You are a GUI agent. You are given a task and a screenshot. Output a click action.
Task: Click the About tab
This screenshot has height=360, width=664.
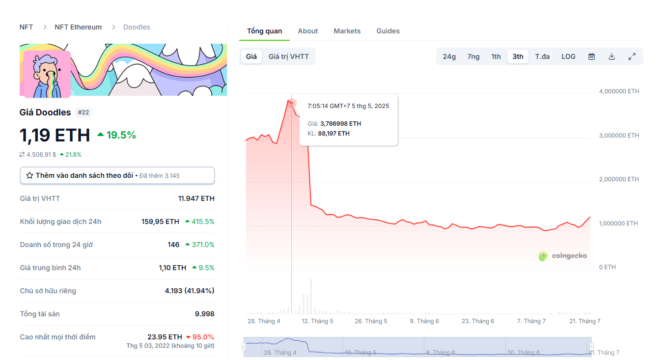308,31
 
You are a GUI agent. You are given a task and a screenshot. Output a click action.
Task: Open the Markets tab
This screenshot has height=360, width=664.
347,31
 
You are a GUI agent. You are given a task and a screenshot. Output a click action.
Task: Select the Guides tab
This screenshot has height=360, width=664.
388,31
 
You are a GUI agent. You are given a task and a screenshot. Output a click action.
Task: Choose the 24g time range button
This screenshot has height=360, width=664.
449,56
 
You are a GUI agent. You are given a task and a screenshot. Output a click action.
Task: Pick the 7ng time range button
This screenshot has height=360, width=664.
473,56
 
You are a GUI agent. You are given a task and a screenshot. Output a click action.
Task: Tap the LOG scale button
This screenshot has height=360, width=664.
568,56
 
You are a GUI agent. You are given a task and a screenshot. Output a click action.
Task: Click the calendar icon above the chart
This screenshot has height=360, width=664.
592,56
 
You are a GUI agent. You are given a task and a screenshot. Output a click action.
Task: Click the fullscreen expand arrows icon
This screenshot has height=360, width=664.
632,56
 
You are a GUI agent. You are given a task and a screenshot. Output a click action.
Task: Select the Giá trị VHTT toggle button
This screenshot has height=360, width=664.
289,56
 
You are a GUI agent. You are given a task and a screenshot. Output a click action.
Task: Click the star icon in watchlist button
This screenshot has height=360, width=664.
29,175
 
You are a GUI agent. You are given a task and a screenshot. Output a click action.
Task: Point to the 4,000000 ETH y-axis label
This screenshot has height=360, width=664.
619,91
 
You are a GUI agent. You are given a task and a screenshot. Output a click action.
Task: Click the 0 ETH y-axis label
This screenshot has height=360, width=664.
608,267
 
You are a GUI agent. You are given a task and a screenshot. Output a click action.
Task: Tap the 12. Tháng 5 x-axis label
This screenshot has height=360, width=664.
317,321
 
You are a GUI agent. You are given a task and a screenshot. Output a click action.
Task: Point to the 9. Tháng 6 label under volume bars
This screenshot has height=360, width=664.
425,321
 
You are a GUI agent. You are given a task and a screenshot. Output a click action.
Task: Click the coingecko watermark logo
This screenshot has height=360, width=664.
562,256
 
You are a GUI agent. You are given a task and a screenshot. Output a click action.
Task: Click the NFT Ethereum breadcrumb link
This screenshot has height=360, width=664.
78,27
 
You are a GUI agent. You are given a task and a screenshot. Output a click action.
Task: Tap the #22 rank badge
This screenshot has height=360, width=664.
83,112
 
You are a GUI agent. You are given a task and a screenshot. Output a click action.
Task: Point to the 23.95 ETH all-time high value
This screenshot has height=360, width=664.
165,337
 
